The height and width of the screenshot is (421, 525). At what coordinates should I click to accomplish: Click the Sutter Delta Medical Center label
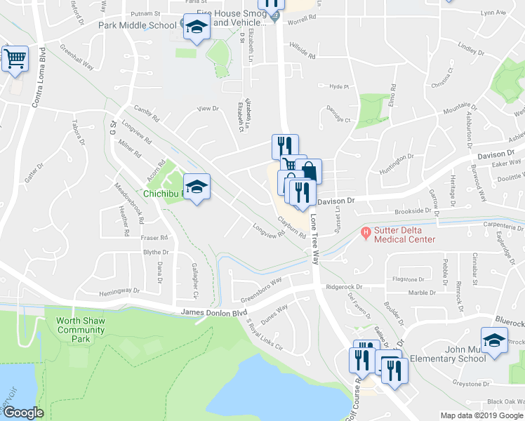[x=404, y=234]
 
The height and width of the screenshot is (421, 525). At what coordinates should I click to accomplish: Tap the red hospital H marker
[x=365, y=232]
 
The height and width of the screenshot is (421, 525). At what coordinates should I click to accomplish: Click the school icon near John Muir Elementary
[x=495, y=340]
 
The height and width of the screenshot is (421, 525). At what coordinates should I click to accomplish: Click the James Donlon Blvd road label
[x=214, y=312]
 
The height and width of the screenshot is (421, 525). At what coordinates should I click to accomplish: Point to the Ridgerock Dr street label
[x=343, y=287]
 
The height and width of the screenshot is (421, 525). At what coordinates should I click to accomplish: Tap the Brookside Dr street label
[x=412, y=210]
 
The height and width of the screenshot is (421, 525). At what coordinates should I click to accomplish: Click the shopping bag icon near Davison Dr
[x=308, y=171]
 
